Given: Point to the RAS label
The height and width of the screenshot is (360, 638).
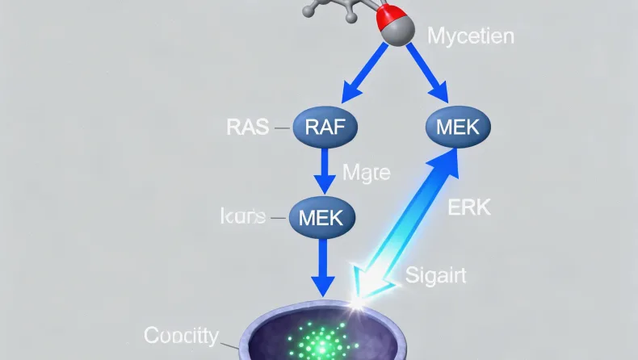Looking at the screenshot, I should [x=248, y=127].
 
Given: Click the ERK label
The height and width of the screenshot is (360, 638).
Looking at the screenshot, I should [x=468, y=207].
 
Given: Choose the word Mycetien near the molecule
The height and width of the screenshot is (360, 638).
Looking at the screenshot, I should [x=470, y=36].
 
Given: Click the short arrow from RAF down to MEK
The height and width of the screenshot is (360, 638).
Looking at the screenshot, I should [x=323, y=171].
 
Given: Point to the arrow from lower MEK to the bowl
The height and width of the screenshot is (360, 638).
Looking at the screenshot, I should [x=323, y=266].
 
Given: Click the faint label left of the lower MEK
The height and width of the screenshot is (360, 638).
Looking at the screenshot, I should [x=243, y=216].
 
